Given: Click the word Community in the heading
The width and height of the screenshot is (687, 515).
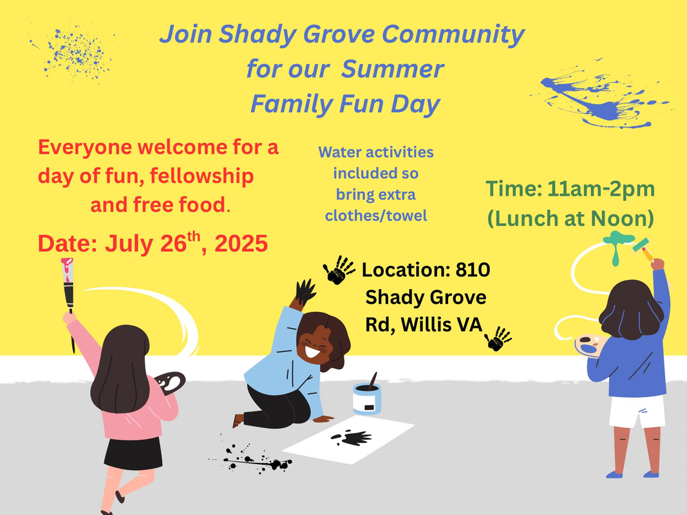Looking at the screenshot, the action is pyautogui.click(x=453, y=35).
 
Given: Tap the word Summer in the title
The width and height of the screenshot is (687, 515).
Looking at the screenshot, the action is pyautogui.click(x=393, y=69).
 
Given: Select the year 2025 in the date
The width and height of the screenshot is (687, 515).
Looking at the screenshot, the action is pyautogui.click(x=241, y=243).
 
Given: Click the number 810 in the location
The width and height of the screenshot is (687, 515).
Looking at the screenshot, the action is pyautogui.click(x=473, y=270).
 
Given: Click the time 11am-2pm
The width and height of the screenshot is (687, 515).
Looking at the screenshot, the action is pyautogui.click(x=601, y=189).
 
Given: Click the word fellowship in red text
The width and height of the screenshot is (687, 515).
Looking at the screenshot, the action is pyautogui.click(x=202, y=176).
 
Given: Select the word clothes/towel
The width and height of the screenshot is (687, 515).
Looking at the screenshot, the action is pyautogui.click(x=376, y=216).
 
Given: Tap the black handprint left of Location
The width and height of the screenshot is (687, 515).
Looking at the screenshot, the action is pyautogui.click(x=339, y=270).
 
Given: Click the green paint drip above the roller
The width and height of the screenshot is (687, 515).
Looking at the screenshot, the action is pyautogui.click(x=618, y=246).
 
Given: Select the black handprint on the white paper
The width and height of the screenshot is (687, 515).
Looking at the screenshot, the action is pyautogui.click(x=352, y=438).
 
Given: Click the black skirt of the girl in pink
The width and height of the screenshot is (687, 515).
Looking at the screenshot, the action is pyautogui.click(x=134, y=453).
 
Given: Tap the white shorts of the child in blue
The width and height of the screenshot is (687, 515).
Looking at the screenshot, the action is pyautogui.click(x=637, y=411).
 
